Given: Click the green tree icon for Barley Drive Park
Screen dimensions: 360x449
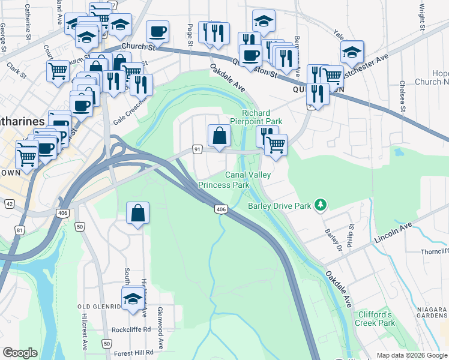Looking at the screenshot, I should pyautogui.click(x=321, y=206).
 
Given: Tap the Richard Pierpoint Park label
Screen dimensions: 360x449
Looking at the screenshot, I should pyautogui.click(x=261, y=117).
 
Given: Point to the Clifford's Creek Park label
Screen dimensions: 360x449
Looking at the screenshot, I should pyautogui.click(x=376, y=319).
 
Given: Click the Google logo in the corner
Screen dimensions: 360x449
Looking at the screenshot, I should pyautogui.click(x=20, y=353).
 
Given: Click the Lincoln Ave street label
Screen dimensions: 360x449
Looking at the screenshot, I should pyautogui.click(x=393, y=232).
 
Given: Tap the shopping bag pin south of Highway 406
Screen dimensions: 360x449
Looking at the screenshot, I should pyautogui.click(x=138, y=213).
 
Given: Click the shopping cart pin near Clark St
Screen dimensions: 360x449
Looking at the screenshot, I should pyautogui.click(x=58, y=71).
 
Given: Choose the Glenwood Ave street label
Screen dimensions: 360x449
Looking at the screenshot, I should pyautogui.click(x=160, y=329).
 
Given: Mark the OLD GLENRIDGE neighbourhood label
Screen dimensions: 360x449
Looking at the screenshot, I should pyautogui.click(x=100, y=307).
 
